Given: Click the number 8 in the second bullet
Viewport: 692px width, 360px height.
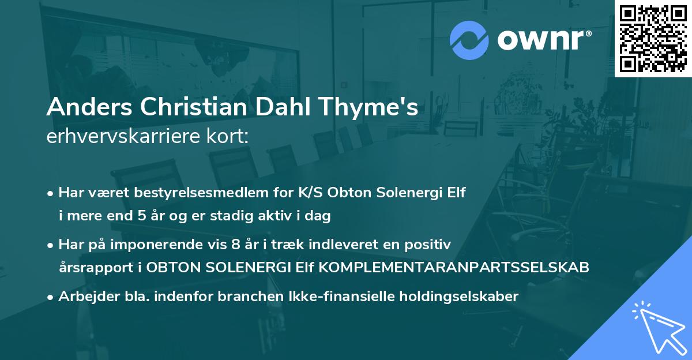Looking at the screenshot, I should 235,245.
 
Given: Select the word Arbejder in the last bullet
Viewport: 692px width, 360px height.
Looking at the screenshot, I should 84,296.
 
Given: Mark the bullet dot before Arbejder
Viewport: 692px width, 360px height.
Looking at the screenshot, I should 52,297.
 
